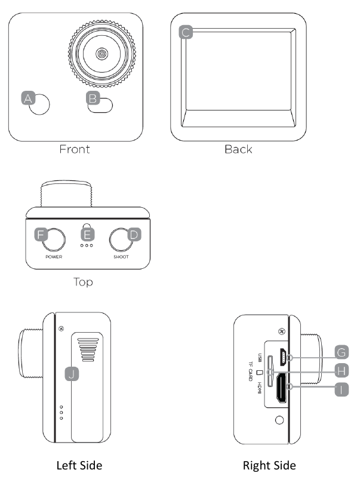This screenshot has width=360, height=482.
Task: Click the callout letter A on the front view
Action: pyautogui.click(x=27, y=99)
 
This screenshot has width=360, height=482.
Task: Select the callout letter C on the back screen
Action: pyautogui.click(x=186, y=32)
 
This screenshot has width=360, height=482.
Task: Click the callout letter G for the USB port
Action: pyautogui.click(x=341, y=351)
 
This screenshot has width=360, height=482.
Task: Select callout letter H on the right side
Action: pyautogui.click(x=341, y=370)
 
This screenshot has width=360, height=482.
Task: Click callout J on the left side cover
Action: pyautogui.click(x=71, y=374)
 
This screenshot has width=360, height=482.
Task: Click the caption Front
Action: pyautogui.click(x=75, y=149)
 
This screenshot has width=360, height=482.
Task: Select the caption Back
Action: pyautogui.click(x=238, y=149)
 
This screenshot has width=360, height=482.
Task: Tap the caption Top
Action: pyautogui.click(x=83, y=281)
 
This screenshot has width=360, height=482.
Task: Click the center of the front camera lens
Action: pyautogui.click(x=103, y=54)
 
